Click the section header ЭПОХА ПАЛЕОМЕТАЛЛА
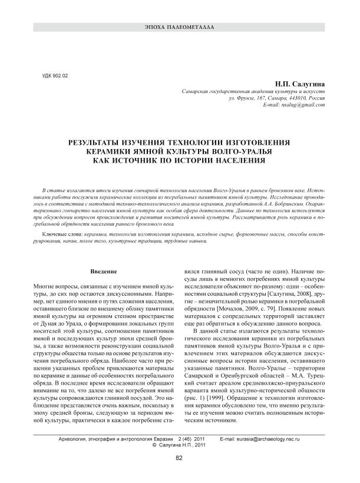tap(180, 28)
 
